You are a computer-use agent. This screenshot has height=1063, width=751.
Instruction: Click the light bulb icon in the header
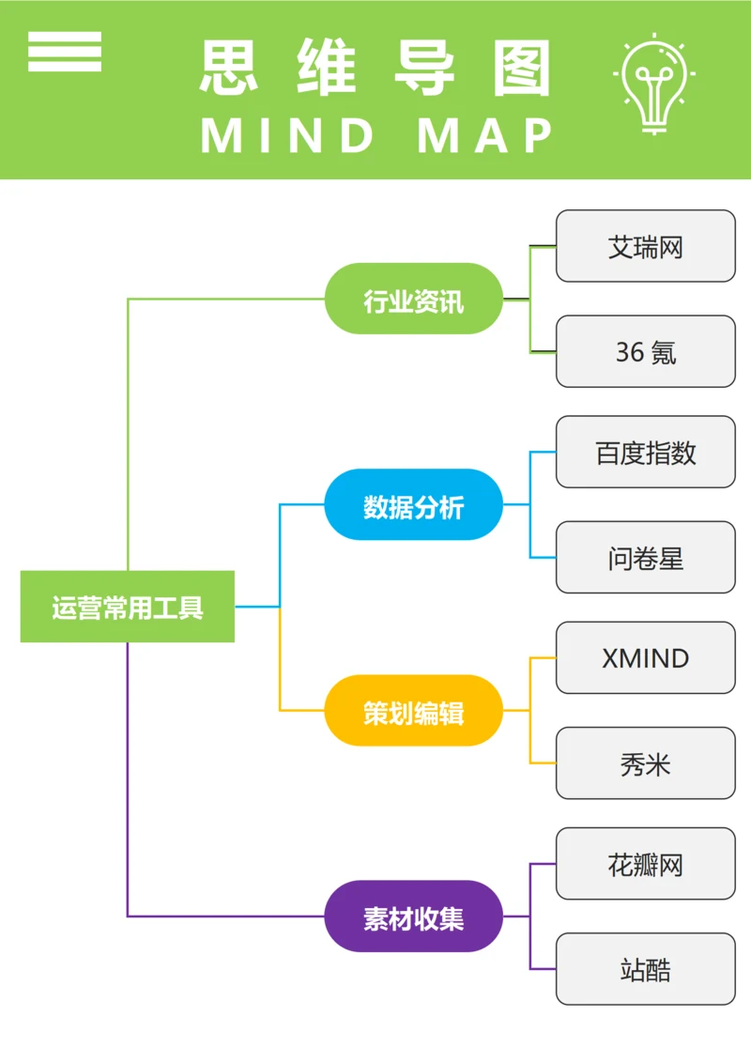[654, 83]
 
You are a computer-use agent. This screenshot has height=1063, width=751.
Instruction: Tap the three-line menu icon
[65, 52]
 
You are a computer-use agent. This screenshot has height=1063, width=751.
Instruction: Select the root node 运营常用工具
[128, 607]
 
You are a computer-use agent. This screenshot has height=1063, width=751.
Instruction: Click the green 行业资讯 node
[414, 299]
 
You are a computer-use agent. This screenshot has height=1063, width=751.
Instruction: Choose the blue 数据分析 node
[414, 505]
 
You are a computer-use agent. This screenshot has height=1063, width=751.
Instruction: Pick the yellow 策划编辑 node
[414, 711]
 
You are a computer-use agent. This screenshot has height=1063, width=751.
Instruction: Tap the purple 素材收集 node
[414, 917]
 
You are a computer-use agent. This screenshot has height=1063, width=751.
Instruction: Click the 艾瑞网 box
[646, 246]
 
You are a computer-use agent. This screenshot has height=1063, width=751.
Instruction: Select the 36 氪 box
[646, 351]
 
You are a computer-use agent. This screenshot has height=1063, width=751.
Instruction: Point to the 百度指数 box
[646, 452]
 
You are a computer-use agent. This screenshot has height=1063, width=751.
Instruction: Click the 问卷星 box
[646, 557]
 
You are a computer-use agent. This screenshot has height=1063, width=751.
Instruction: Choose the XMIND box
[646, 657]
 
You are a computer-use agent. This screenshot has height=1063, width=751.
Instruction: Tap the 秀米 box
[646, 763]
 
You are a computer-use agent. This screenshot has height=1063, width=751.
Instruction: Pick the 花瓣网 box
[646, 863]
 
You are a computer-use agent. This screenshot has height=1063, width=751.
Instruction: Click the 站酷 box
[646, 968]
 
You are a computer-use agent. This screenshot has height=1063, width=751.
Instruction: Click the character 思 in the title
[232, 68]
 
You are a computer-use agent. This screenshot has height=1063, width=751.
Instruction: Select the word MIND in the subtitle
[287, 136]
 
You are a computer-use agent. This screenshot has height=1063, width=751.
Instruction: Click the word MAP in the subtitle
[485, 136]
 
